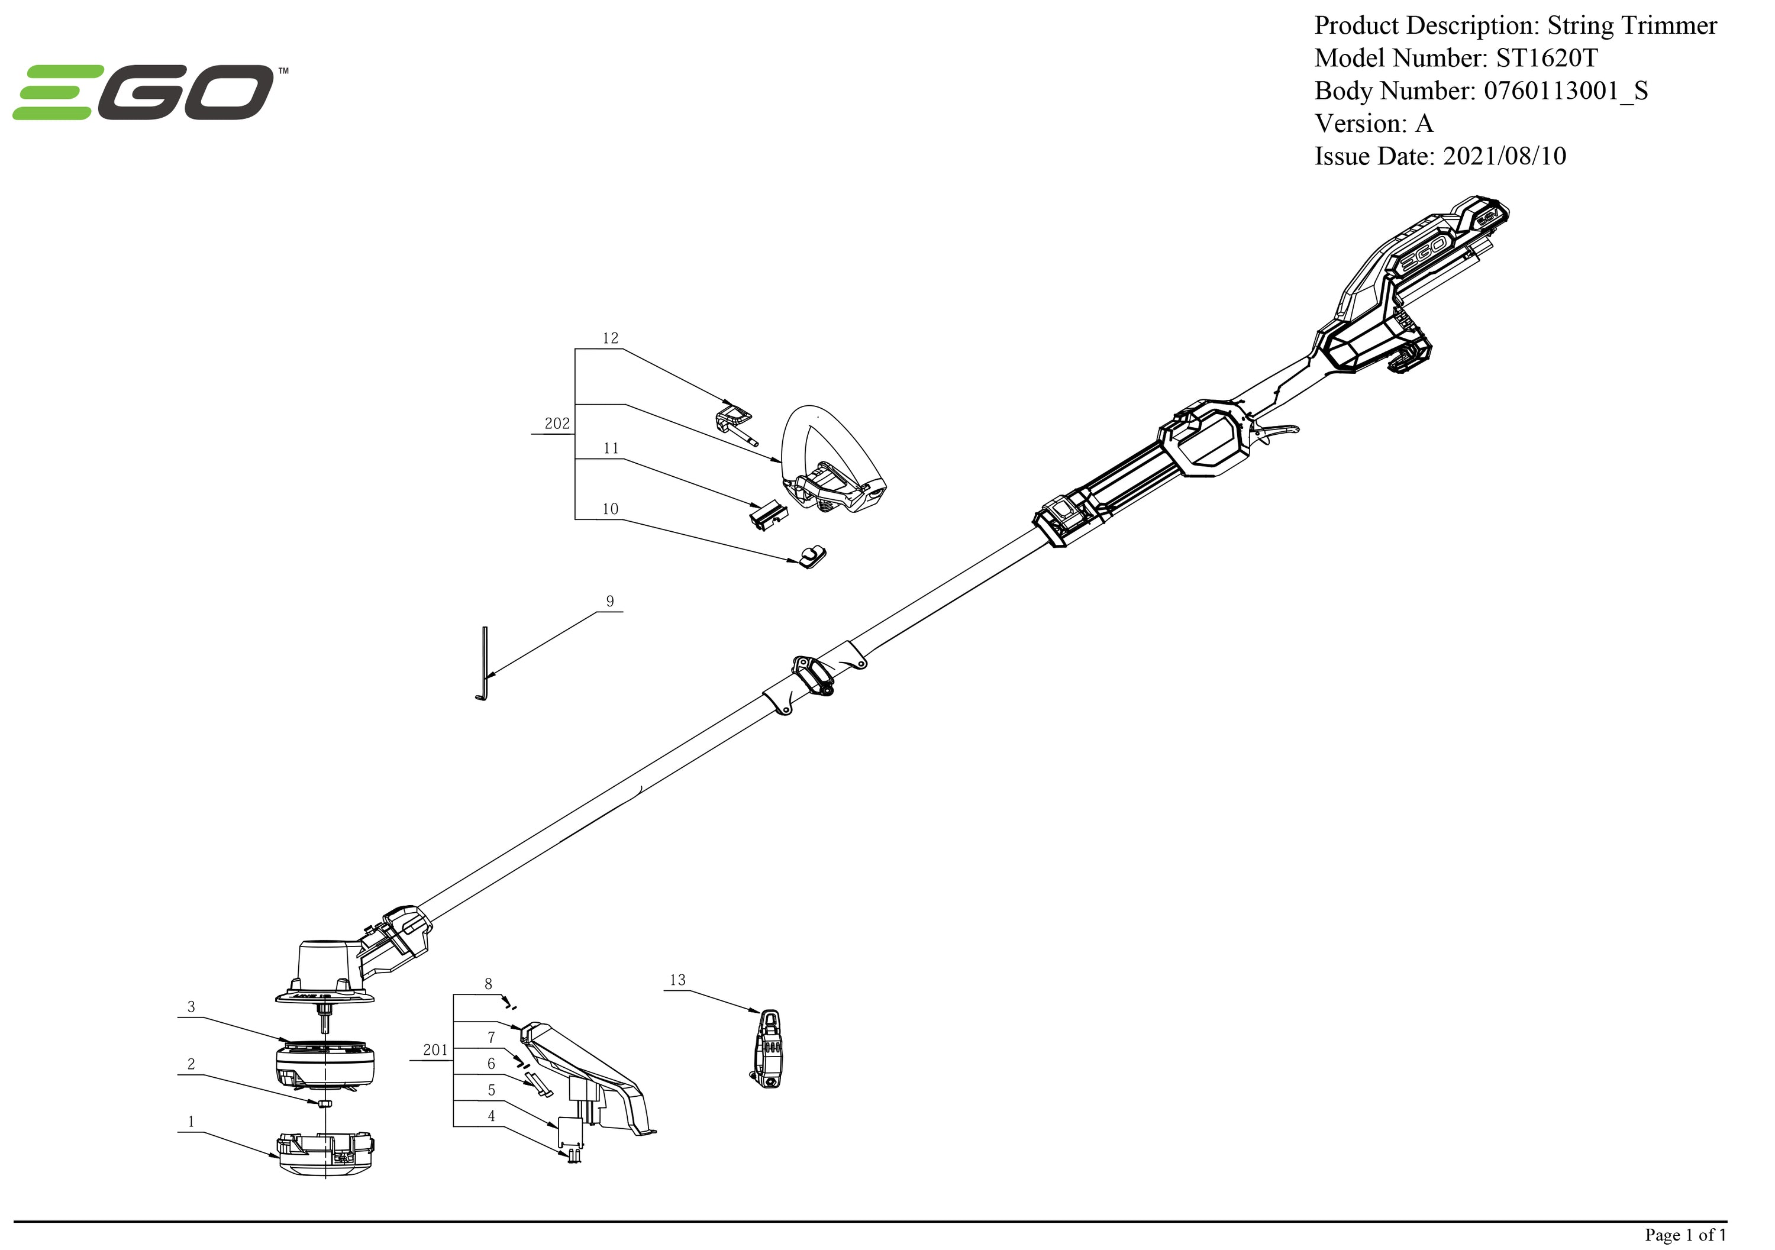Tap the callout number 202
click(557, 424)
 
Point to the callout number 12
click(610, 338)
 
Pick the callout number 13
click(677, 980)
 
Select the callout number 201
click(435, 1050)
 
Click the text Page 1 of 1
click(1684, 1235)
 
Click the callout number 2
click(191, 1064)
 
